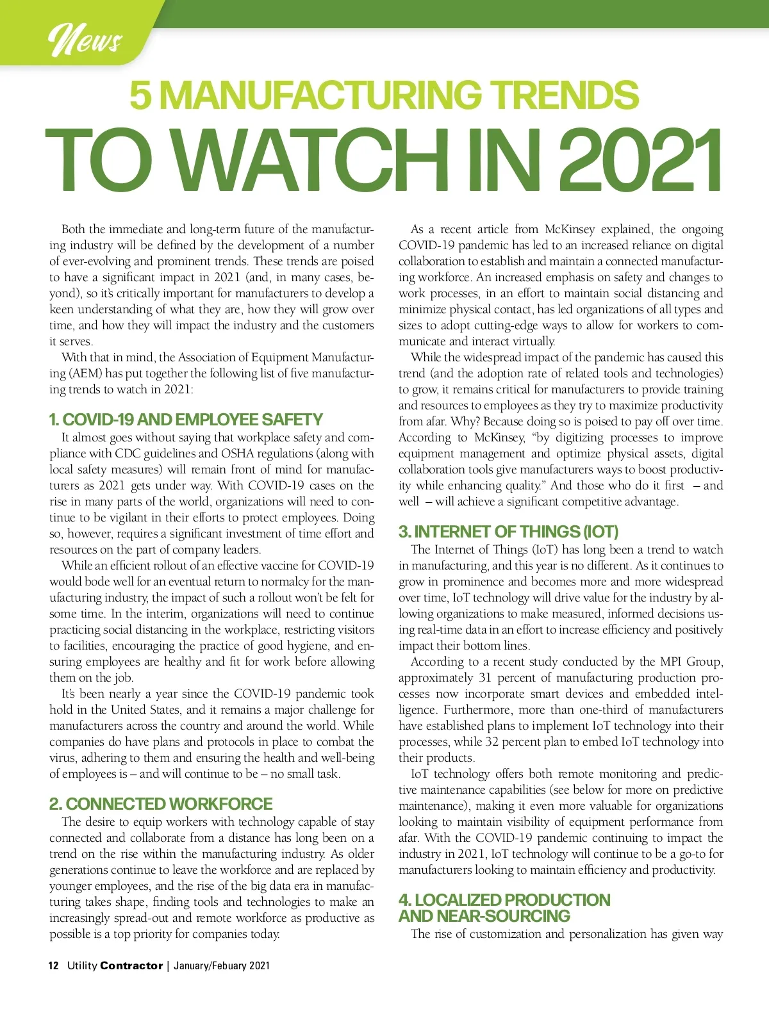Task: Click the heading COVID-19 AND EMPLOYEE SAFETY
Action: tap(186, 420)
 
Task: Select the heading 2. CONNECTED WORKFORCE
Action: tap(161, 804)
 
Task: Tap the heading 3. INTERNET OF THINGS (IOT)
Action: tap(508, 532)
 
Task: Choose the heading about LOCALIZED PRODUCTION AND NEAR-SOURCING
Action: tap(504, 908)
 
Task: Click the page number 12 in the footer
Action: tap(54, 965)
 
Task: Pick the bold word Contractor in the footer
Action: tap(131, 965)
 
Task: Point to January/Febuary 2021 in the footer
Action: tap(222, 965)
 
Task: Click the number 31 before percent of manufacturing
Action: tap(486, 678)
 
